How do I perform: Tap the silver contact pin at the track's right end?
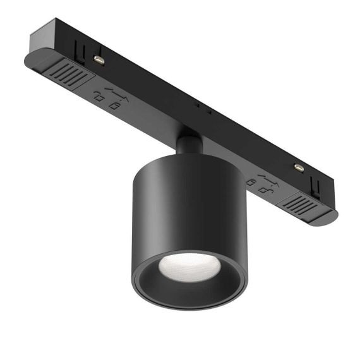point(298,168)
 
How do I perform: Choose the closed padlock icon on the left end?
point(114,102)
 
